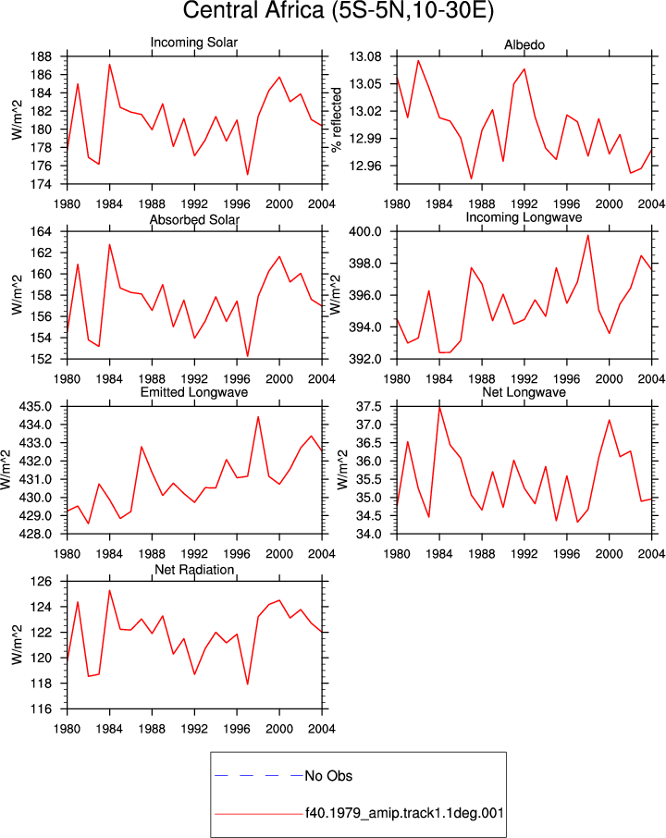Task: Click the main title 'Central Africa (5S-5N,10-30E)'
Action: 338,11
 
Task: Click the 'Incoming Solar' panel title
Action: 194,43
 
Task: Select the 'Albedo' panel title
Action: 524,45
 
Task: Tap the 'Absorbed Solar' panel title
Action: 194,219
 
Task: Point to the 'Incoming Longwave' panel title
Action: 524,217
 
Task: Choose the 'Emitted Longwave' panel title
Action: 194,392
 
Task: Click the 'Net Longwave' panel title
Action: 524,392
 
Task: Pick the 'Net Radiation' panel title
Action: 194,570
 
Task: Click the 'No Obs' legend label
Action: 328,776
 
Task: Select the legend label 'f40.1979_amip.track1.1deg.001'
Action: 404,813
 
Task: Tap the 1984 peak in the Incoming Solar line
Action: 109,65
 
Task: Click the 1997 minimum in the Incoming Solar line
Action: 248,174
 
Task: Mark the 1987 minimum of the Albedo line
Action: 472,179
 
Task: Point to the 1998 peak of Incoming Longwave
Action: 588,235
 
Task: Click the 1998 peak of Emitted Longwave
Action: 258,417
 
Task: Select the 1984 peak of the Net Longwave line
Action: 439,407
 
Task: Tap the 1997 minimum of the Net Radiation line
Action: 248,684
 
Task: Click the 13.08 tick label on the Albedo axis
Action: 365,56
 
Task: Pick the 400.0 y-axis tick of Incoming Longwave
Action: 365,232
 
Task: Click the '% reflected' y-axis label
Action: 336,119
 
